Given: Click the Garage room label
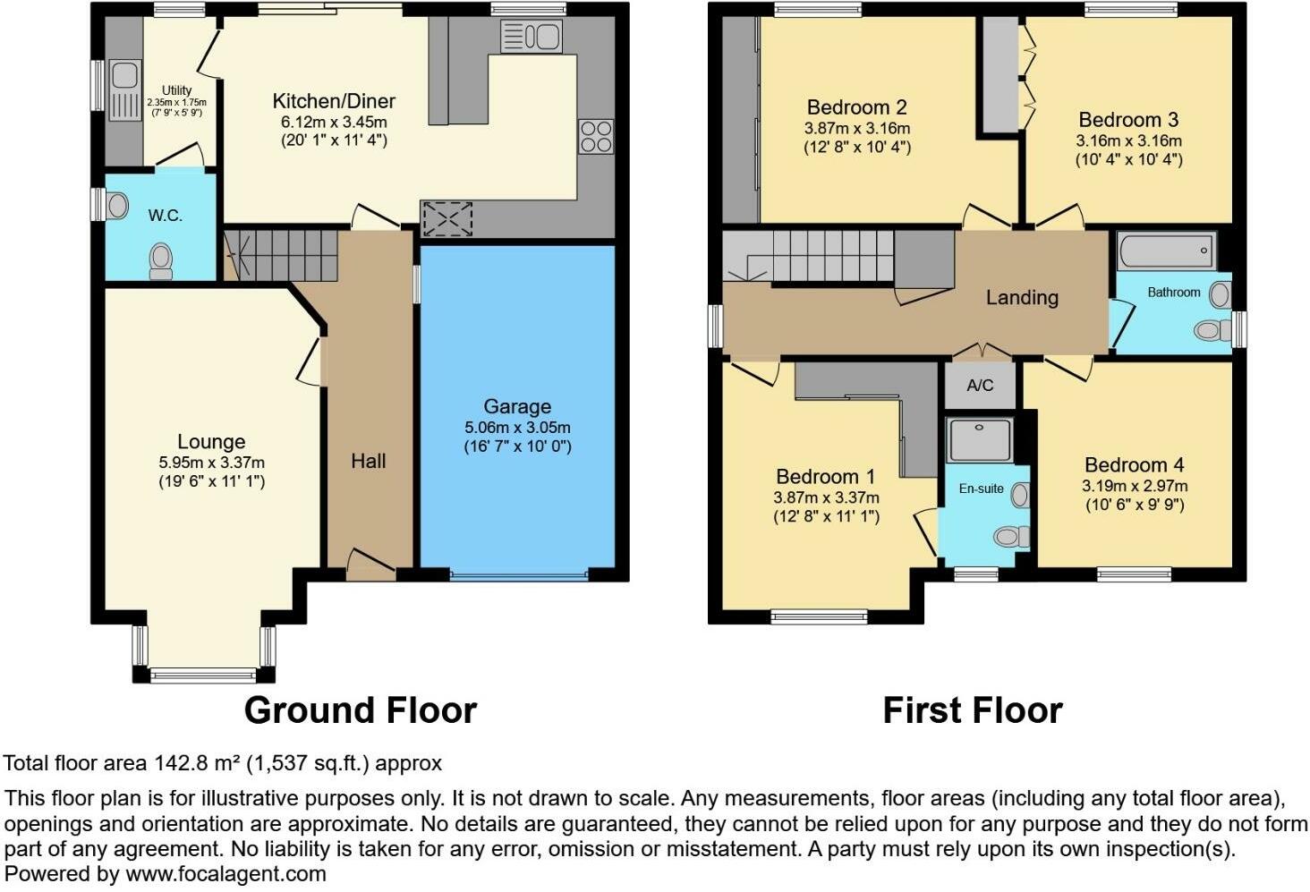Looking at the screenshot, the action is click(x=517, y=406).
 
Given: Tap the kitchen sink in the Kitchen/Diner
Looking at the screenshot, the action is click(x=531, y=37).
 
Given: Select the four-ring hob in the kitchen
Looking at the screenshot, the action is click(x=596, y=136).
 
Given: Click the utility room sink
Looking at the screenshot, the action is click(x=124, y=90).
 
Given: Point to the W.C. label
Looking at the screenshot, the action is click(x=165, y=216).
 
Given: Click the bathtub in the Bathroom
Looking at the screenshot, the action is click(x=1167, y=251).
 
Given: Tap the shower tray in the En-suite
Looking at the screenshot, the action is click(x=980, y=439).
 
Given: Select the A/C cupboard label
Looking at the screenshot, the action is click(x=980, y=386).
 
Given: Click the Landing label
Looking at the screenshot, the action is click(x=1022, y=298).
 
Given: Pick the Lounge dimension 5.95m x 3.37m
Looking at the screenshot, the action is click(x=212, y=463).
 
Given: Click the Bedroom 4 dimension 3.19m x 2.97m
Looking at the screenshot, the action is click(x=1135, y=486).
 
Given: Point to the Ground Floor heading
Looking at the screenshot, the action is click(x=361, y=710).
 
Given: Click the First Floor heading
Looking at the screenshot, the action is click(x=973, y=710).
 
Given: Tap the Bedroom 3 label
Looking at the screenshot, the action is click(x=1128, y=120).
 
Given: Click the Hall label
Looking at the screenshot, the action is click(x=369, y=462).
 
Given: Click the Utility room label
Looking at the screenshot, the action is click(x=176, y=90).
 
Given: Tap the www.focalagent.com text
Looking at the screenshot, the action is click(x=225, y=874).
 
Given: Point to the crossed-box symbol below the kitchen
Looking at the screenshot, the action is click(x=447, y=219).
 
